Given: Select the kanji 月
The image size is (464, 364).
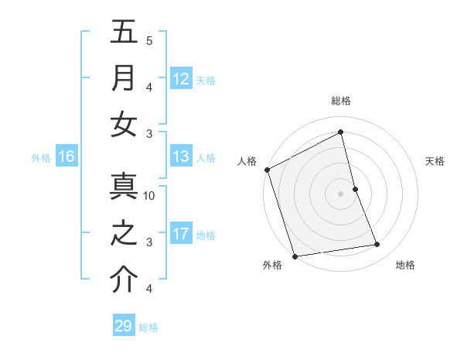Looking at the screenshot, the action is click(124, 78).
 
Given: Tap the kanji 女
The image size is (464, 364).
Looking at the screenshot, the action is click(124, 125).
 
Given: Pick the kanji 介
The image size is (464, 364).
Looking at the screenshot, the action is click(124, 280).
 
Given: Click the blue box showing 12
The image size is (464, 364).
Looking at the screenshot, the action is click(180, 79).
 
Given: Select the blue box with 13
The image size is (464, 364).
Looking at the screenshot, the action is click(180, 156).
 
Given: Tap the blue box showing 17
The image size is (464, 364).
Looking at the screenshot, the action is click(180, 234).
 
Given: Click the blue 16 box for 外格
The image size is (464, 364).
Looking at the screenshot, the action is click(67, 156).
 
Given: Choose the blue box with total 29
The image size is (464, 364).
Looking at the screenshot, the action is click(123, 326).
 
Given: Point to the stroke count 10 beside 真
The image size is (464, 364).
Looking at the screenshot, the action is click(149, 196).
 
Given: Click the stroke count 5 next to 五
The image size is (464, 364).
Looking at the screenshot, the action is click(149, 41).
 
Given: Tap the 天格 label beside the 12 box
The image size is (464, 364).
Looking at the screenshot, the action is click(206, 80).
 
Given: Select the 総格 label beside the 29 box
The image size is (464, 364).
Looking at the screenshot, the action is click(148, 327).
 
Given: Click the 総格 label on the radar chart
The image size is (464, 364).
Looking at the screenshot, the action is click(341, 101).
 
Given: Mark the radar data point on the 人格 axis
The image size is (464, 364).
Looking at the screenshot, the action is click(267, 170).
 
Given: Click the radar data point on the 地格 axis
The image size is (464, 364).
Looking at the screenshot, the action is click(377, 245).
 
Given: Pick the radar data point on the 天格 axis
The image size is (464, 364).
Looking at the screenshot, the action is click(355, 189).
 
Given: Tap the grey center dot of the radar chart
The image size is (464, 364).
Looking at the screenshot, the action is click(341, 194).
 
